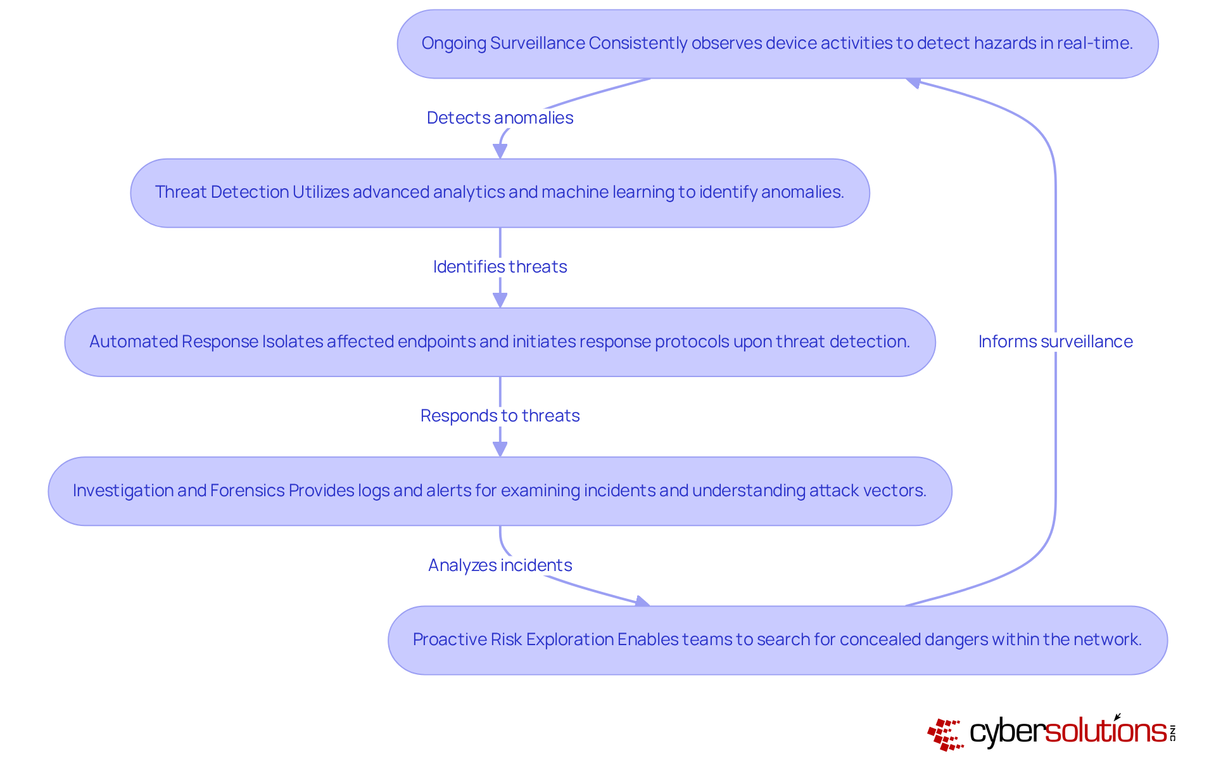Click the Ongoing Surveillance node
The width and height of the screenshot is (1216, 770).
pyautogui.click(x=777, y=44)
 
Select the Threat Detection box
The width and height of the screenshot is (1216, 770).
pyautogui.click(x=500, y=193)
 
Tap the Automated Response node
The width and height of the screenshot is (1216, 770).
pyautogui.click(x=500, y=342)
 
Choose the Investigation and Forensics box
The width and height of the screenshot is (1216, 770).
pyautogui.click(x=500, y=491)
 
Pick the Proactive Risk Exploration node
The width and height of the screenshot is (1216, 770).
pyautogui.click(x=777, y=640)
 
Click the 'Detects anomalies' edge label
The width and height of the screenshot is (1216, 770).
pyautogui.click(x=500, y=118)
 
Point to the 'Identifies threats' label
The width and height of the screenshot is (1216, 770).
pyautogui.click(x=500, y=267)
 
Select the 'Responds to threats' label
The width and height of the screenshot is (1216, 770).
pyautogui.click(x=500, y=416)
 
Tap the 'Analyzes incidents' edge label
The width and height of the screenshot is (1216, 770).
pyautogui.click(x=500, y=565)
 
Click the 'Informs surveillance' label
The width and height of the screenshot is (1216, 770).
pyautogui.click(x=1055, y=342)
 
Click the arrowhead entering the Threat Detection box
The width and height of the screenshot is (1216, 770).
pyautogui.click(x=500, y=151)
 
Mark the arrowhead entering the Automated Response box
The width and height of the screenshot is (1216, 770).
pyautogui.click(x=500, y=300)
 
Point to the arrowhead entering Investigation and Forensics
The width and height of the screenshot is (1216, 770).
pyautogui.click(x=500, y=449)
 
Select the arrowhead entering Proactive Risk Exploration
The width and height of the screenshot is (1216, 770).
pyautogui.click(x=642, y=601)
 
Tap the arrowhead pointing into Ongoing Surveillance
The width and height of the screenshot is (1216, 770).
pyautogui.click(x=913, y=82)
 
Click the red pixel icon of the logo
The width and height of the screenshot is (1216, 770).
pyautogui.click(x=945, y=735)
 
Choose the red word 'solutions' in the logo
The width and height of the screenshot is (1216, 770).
pyautogui.click(x=1105, y=731)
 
